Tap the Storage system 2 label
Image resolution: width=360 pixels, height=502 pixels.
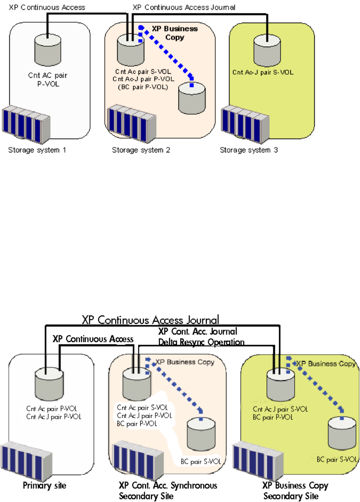pyautogui.click(x=141, y=150)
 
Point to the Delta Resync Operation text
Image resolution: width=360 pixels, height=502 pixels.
pyautogui.click(x=202, y=342)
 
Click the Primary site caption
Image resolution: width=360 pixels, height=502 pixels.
pyautogui.click(x=44, y=486)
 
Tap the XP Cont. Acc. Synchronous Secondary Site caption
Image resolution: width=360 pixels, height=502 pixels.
pyautogui.click(x=168, y=490)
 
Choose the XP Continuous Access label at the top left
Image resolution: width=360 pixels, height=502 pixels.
pyautogui.click(x=47, y=7)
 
